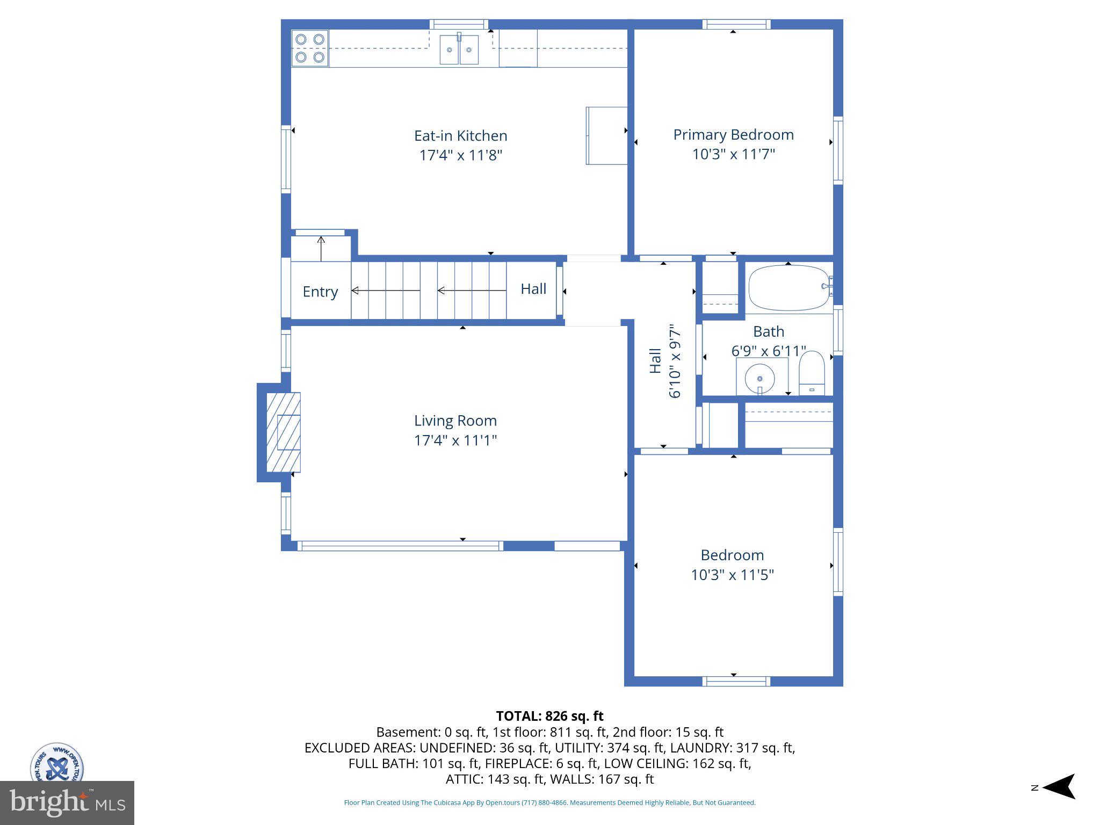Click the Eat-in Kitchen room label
pos(460,135)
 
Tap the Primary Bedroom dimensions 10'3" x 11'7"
pos(733,154)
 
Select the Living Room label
pos(455,421)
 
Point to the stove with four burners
pos(310,48)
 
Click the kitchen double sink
pos(459,50)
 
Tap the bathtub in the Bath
pos(788,288)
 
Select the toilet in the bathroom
pos(811,373)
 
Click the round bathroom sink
pos(759,379)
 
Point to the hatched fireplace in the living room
pos(283,432)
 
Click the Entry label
pos(320,292)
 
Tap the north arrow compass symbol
pos(1058,787)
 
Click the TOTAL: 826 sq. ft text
pos(549,716)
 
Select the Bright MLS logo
pos(67,803)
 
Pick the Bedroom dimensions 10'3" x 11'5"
pos(732,575)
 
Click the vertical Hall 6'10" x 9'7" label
pos(664,360)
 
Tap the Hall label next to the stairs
pos(533,289)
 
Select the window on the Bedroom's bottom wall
pos(736,681)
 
